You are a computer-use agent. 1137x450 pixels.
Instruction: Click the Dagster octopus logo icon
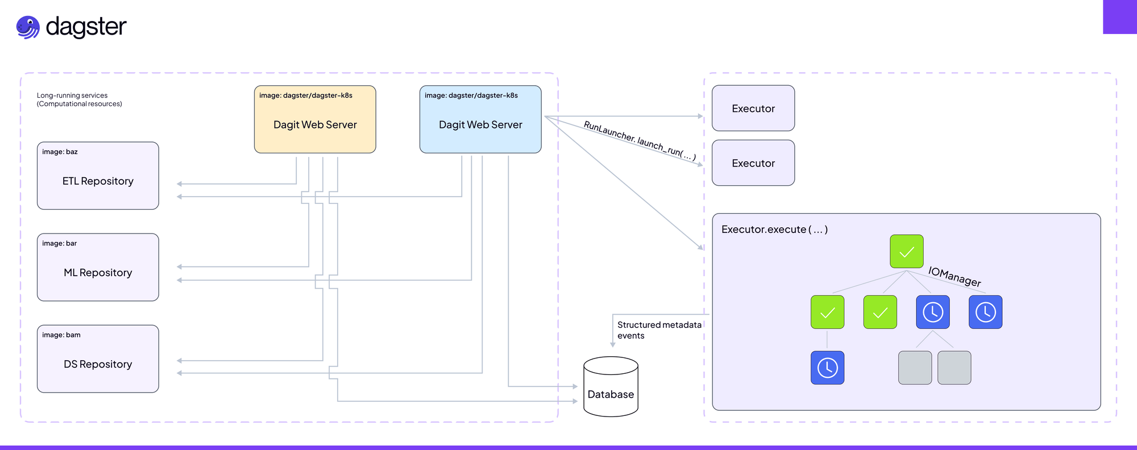28,27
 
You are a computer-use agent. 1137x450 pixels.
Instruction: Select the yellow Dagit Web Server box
315,119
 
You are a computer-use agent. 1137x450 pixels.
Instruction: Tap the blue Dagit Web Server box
480,119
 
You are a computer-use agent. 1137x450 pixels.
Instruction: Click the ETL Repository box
98,176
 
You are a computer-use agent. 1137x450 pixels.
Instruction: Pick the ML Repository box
98,267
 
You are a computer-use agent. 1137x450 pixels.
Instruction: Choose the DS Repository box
98,359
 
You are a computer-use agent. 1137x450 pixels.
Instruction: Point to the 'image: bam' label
61,335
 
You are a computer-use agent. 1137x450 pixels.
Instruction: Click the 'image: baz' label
60,152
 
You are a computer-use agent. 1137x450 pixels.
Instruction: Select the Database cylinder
611,387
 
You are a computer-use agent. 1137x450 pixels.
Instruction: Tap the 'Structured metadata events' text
659,330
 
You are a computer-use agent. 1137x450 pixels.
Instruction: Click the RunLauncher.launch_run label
640,141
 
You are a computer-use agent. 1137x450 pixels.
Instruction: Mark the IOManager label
955,277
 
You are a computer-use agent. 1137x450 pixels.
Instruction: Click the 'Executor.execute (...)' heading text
774,230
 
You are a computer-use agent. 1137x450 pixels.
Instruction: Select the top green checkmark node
906,251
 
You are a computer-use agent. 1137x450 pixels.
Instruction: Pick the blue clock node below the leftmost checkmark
827,368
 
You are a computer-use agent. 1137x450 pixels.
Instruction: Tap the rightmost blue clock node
985,312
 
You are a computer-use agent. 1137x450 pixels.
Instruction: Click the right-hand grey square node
954,368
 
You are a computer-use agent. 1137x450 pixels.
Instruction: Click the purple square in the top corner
1119,16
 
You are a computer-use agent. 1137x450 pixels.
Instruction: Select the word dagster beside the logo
86,27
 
